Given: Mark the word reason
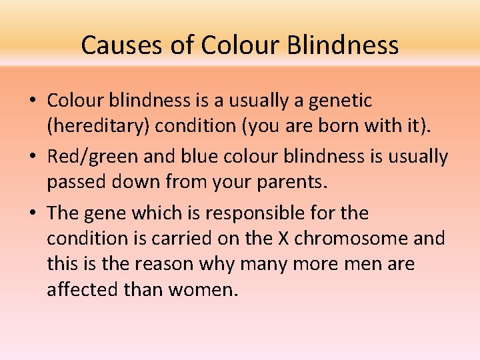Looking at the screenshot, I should (x=166, y=265).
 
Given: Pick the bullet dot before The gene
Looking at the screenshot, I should (x=33, y=214).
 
